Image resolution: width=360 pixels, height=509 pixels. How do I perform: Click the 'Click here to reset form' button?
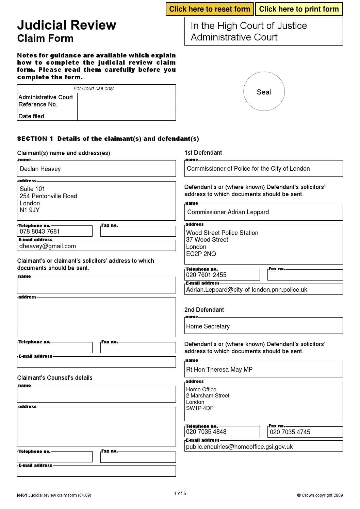tap(210, 9)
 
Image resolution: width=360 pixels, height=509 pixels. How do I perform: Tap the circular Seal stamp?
tap(264, 91)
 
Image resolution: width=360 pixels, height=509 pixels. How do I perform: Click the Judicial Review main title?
tap(67, 26)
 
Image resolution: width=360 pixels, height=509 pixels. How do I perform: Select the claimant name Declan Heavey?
tap(40, 169)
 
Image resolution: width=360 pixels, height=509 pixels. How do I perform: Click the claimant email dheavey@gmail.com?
tap(48, 246)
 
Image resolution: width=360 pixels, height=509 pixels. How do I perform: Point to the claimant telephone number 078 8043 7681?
tap(40, 232)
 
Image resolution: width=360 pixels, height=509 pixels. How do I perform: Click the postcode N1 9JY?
tap(30, 210)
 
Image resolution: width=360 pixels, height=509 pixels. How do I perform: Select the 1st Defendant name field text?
tap(248, 169)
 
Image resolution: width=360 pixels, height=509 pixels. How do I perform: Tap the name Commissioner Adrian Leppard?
tap(228, 212)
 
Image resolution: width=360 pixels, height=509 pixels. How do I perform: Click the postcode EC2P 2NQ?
tap(201, 254)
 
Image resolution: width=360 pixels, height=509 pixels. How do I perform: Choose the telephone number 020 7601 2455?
tap(206, 275)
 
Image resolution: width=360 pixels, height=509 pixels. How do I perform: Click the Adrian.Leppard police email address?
tap(246, 290)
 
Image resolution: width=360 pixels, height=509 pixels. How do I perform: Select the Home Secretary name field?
tap(208, 326)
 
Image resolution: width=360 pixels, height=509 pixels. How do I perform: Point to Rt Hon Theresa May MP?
tap(219, 370)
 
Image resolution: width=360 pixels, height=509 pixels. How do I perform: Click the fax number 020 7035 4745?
tap(290, 432)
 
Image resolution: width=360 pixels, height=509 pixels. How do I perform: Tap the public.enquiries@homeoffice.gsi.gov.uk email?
tap(239, 447)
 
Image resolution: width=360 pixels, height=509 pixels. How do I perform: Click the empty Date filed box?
tap(126, 116)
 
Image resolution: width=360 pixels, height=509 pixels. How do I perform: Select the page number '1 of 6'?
tap(180, 493)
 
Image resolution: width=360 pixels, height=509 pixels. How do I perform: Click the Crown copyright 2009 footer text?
tap(320, 495)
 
